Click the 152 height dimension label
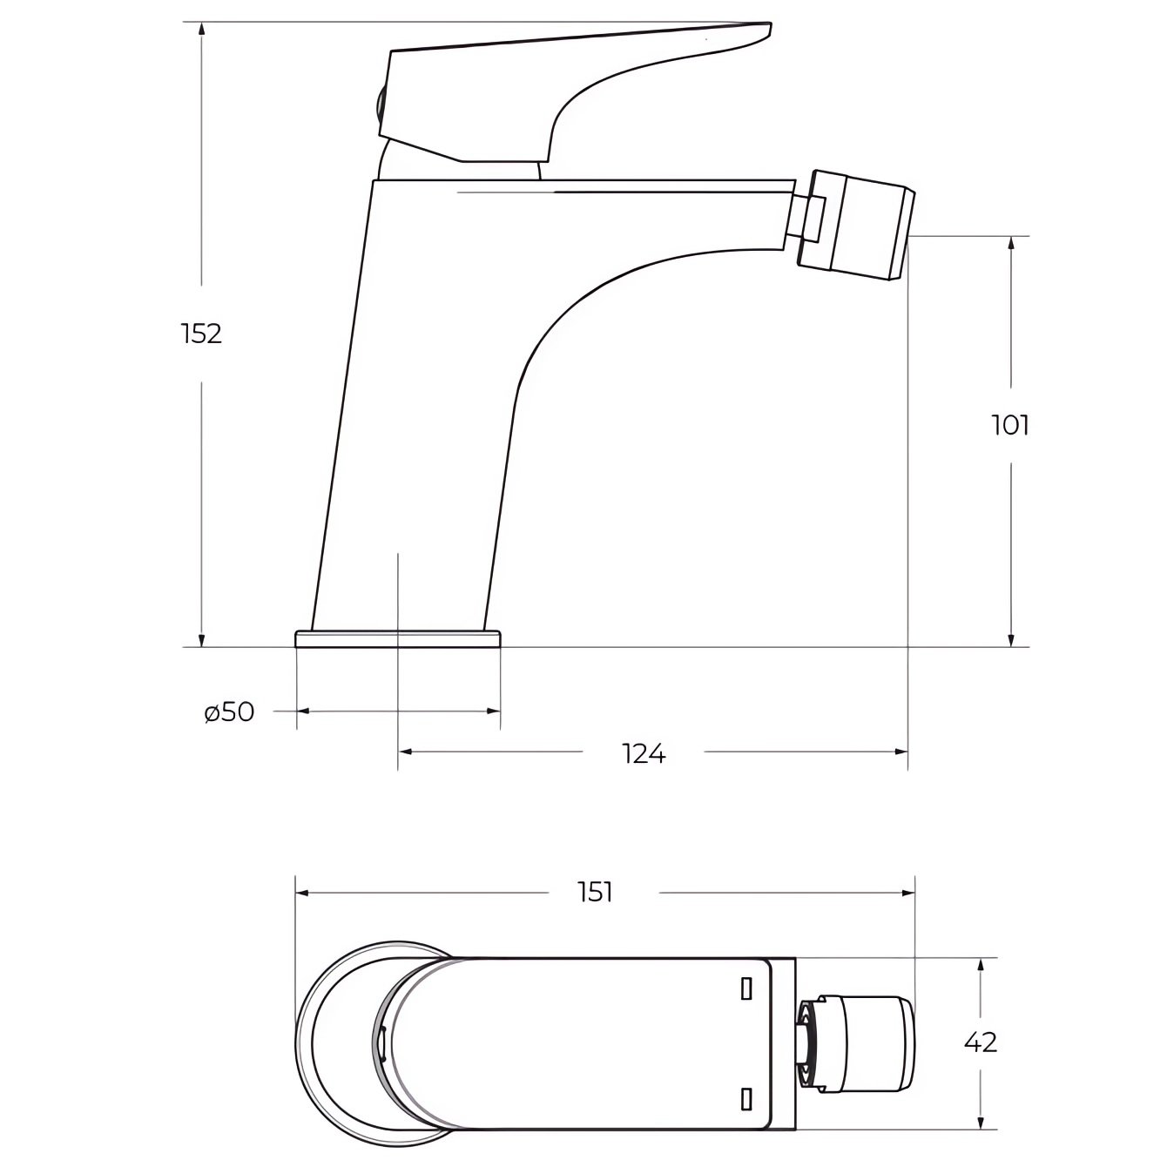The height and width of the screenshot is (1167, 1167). coord(202,334)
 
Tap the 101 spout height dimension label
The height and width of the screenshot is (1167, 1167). coord(1009,425)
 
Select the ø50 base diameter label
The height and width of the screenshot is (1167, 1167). coord(229,712)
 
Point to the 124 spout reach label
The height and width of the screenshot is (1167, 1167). coord(644,754)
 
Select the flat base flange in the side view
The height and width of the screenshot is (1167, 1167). coord(398,639)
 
